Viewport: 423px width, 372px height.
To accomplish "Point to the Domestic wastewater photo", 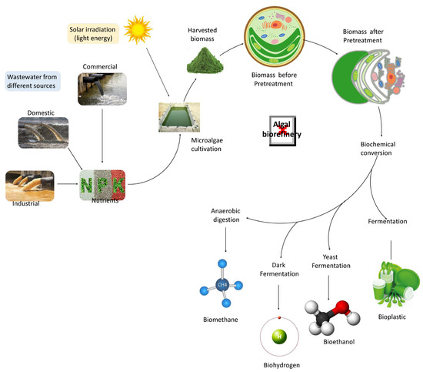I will point(44,132).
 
